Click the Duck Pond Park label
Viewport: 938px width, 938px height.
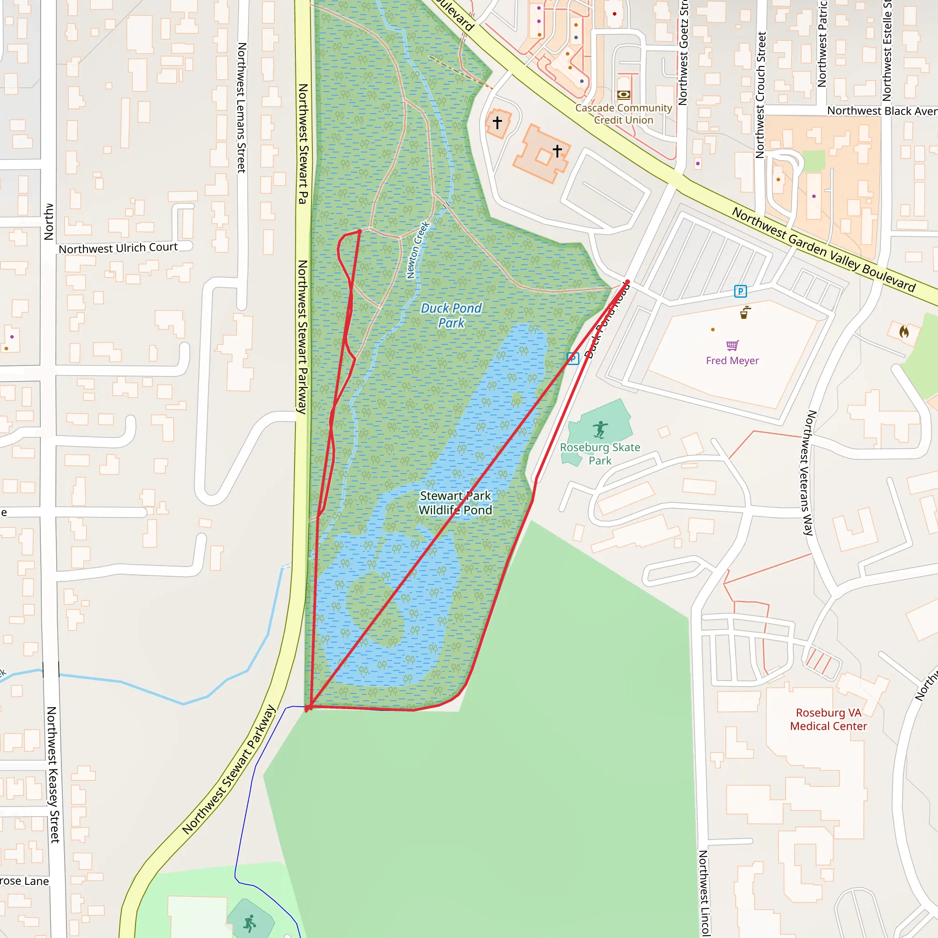(451, 316)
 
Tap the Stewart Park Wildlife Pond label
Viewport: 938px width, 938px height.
(455, 503)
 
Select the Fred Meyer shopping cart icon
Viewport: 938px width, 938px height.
(732, 345)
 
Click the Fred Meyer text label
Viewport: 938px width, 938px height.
(732, 361)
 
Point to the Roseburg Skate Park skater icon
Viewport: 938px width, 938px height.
(600, 430)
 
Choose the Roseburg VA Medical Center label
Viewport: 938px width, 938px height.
(828, 720)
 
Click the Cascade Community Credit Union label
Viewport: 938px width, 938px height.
(623, 114)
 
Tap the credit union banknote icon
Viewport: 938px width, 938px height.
(624, 94)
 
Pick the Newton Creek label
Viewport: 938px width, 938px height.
(418, 250)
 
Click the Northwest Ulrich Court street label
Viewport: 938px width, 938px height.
(118, 248)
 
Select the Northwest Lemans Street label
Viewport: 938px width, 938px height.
(242, 108)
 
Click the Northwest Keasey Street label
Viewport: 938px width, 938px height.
(52, 774)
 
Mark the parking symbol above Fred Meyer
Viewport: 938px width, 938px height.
(741, 291)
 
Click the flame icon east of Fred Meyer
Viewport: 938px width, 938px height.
(904, 332)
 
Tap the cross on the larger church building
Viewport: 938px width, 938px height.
(557, 151)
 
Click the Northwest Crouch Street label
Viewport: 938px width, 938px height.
(761, 95)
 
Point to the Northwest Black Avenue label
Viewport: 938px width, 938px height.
(882, 111)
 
